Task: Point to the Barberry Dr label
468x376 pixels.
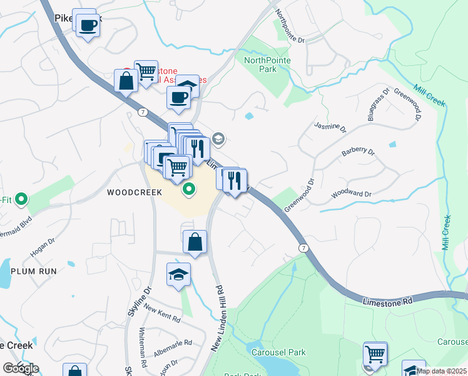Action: [358, 152]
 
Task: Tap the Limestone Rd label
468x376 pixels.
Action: [388, 301]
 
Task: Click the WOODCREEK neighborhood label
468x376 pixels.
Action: [135, 192]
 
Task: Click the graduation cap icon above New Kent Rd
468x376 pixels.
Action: [178, 274]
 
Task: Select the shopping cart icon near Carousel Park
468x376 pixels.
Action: [375, 353]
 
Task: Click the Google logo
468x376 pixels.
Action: [21, 368]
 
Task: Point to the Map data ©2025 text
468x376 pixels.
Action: [442, 371]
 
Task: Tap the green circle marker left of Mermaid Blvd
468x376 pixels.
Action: [21, 201]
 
